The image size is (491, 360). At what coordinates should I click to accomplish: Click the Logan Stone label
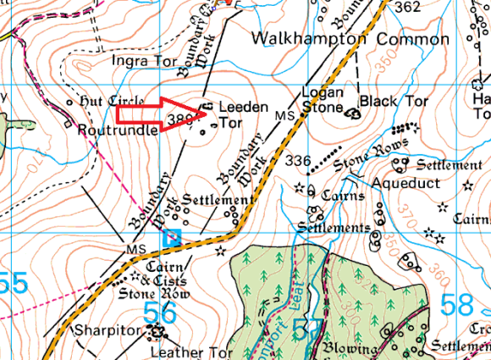point(323,101)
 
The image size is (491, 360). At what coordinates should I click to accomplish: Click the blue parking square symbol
point(172,237)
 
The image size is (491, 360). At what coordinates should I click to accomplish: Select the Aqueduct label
point(404,182)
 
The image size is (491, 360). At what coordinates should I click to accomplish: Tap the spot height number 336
point(299,161)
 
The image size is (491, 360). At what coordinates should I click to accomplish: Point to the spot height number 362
point(407,8)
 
